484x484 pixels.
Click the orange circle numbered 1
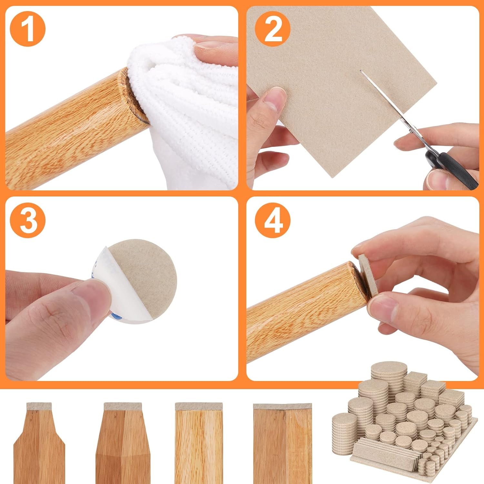coord(28,29)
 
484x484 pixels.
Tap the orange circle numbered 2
coord(273,29)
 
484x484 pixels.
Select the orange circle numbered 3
coord(28,220)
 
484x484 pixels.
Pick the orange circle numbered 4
coord(273,220)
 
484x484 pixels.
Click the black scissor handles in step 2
coord(452,168)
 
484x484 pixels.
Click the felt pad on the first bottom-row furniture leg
coord(39,406)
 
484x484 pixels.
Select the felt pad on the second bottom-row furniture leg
coord(123,406)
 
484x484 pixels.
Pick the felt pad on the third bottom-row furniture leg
coord(199,406)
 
